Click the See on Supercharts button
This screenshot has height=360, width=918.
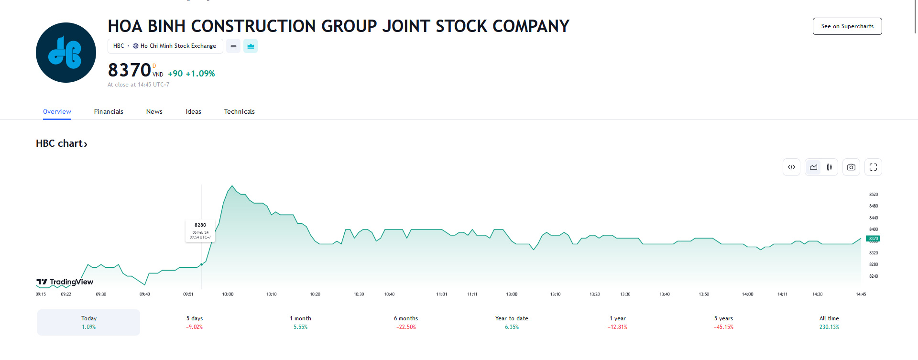point(847,26)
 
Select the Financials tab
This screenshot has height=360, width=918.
point(109,111)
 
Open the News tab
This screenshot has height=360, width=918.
point(154,111)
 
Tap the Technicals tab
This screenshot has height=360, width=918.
point(239,111)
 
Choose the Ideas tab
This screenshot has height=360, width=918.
point(193,111)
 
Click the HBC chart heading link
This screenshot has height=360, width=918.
point(62,143)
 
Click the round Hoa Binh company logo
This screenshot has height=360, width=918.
point(66,53)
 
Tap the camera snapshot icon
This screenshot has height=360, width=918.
point(851,167)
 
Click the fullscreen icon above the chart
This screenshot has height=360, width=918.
point(873,167)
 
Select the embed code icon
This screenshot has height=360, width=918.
point(791,167)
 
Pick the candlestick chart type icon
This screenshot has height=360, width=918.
point(830,167)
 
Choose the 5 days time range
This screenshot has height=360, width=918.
point(195,322)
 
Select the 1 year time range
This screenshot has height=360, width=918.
point(617,322)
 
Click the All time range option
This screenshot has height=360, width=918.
point(829,322)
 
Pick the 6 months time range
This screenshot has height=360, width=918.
point(406,322)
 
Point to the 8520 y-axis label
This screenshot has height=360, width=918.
point(874,195)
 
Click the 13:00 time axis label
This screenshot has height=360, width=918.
point(512,295)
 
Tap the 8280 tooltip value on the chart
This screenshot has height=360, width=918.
point(200,225)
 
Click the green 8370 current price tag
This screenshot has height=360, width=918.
point(873,239)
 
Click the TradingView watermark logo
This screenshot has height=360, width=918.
point(65,282)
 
